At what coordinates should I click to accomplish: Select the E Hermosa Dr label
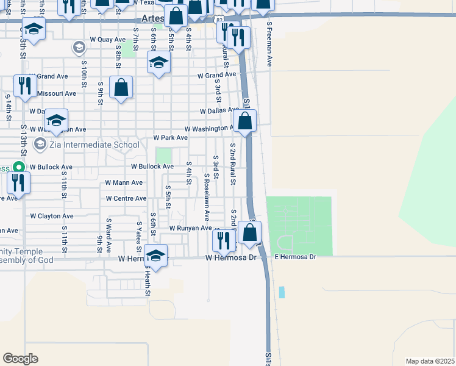296,257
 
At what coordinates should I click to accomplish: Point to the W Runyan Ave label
190,228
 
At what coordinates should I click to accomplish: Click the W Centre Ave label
126,198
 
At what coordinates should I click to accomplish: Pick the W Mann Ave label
124,182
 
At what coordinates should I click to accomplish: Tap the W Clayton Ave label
52,216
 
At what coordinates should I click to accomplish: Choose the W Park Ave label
170,138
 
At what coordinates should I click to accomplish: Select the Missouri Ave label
57,93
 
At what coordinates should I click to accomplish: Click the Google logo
20,359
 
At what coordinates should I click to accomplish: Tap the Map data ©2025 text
430,361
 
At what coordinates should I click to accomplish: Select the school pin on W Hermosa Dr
156,256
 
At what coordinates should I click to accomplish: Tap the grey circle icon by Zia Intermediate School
41,145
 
